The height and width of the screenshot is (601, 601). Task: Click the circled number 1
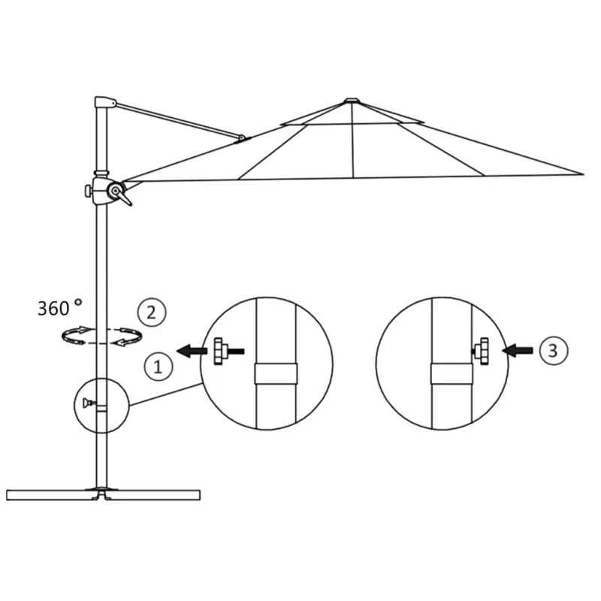[158, 367]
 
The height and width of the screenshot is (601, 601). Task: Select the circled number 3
[553, 349]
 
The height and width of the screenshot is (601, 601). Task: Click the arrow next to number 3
[518, 349]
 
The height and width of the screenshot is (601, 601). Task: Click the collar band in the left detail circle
[276, 374]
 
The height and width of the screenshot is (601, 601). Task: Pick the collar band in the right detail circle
[451, 374]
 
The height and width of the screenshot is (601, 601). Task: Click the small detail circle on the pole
[101, 405]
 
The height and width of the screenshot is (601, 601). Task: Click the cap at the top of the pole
[104, 101]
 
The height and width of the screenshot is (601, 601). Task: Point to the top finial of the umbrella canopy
[352, 100]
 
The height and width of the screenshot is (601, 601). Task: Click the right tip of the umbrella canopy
[581, 174]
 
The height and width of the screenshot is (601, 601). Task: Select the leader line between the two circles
[166, 395]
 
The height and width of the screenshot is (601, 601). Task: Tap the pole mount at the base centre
[102, 492]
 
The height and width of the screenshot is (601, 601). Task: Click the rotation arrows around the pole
[101, 336]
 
